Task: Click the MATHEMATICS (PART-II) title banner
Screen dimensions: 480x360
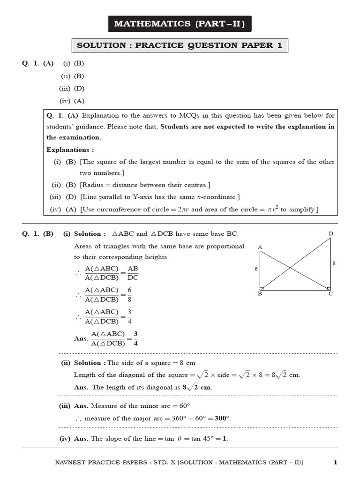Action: pos(180,23)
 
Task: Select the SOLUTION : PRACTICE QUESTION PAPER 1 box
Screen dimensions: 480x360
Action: pos(180,45)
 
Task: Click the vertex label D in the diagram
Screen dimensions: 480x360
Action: pos(331,233)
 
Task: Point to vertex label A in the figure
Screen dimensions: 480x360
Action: pos(259,247)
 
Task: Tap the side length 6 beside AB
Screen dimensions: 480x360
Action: pos(255,269)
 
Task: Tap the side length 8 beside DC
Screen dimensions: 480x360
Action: pos(334,263)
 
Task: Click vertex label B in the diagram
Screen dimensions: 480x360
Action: pos(260,294)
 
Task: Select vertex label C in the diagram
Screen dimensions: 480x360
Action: pos(330,294)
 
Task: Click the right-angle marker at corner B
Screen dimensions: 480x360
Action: pos(262,288)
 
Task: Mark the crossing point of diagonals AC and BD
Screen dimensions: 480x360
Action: pos(290,268)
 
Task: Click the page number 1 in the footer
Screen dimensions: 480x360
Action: pos(335,463)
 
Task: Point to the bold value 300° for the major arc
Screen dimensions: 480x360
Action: pos(223,419)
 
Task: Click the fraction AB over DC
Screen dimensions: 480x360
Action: pos(133,273)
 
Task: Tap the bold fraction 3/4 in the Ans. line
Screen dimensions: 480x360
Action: pos(135,338)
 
